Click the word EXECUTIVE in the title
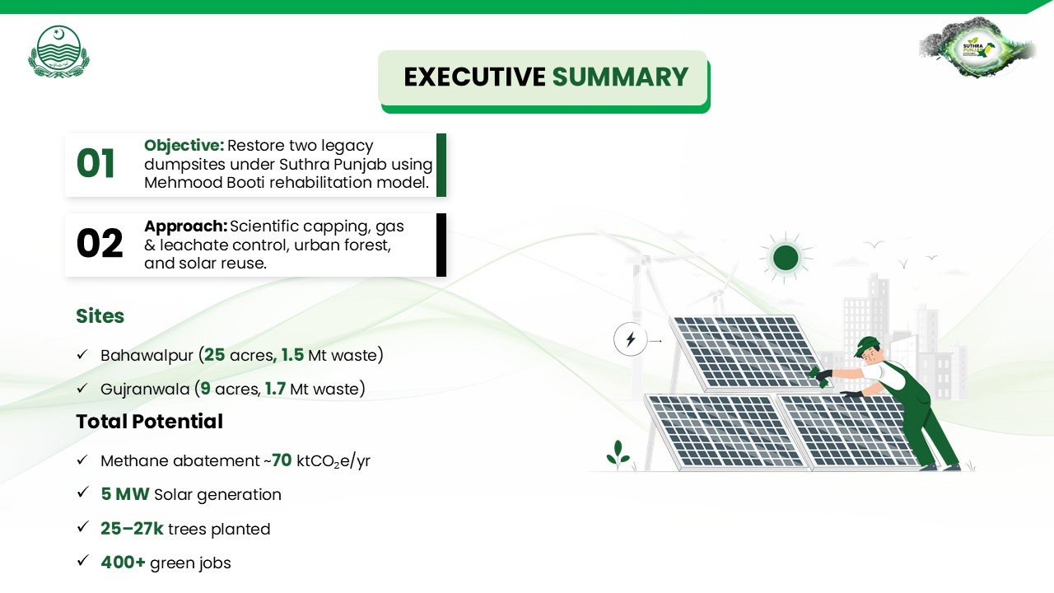(x=474, y=77)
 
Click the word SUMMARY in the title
(x=620, y=77)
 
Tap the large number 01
(x=96, y=164)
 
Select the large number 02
(x=100, y=243)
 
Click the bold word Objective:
(x=184, y=146)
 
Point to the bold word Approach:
(x=186, y=226)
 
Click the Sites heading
(x=100, y=316)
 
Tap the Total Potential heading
(x=150, y=421)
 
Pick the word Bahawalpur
(x=147, y=355)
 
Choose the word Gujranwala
(x=145, y=390)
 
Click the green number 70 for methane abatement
(x=282, y=460)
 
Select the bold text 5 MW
(x=125, y=494)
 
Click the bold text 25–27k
(x=132, y=529)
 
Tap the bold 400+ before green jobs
(x=123, y=563)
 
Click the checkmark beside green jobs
(x=83, y=560)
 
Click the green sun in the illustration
(x=786, y=258)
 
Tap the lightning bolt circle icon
(x=631, y=339)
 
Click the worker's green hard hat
(x=865, y=346)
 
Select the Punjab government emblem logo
(x=58, y=51)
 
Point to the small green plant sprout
(x=618, y=455)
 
